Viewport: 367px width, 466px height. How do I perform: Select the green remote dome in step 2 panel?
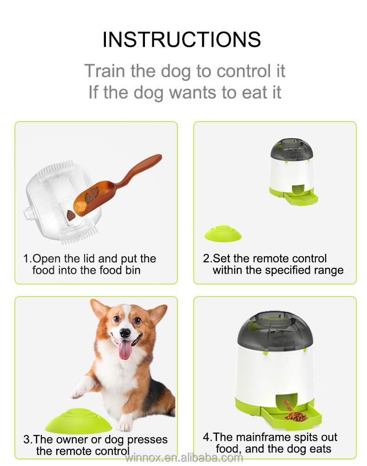point(223,233)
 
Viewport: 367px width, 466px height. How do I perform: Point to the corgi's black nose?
point(125,333)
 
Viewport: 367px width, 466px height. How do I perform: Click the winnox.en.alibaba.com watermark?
point(184,458)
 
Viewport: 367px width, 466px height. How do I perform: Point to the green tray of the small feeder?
point(302,197)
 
